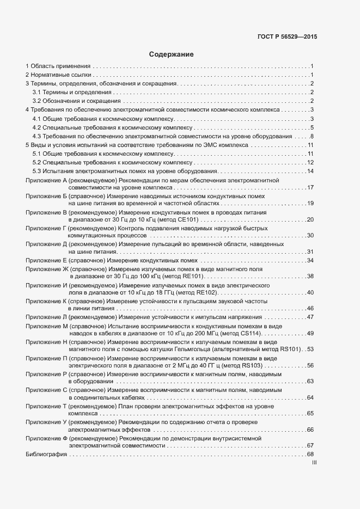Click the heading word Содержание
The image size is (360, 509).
171,54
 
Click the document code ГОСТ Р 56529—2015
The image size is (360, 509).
287,37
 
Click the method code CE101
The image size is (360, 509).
190,219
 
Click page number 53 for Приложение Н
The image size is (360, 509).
310,349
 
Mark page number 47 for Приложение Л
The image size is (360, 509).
310,317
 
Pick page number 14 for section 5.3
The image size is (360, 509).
310,171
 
